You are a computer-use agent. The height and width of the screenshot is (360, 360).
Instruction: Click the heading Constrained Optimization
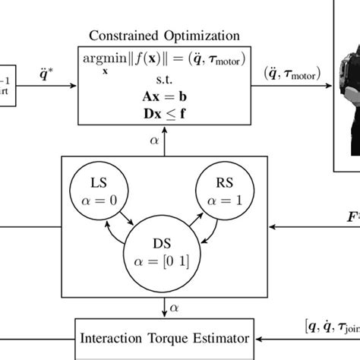[x=165, y=36]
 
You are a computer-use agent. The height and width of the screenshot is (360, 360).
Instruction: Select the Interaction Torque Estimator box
[x=166, y=338]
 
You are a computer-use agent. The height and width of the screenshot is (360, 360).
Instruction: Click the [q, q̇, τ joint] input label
[x=331, y=327]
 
